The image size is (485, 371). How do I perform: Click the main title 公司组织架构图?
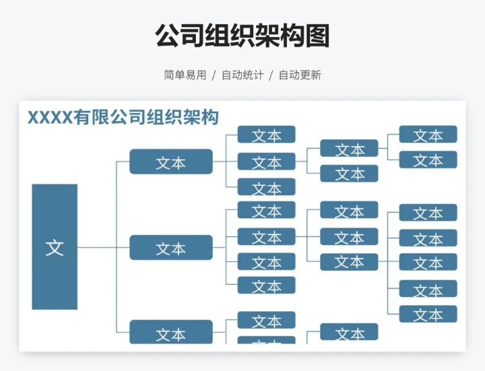243,36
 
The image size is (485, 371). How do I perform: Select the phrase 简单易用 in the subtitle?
185,75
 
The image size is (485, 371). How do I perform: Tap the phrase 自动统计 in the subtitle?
243,75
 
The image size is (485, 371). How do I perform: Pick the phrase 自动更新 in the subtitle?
300,75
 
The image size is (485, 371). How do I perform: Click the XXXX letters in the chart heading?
49,117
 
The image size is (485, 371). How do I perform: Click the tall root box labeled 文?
55,246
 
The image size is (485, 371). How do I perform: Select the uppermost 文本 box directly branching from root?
171,162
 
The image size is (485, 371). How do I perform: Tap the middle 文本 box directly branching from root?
171,248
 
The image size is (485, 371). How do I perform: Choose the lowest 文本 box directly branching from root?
171,333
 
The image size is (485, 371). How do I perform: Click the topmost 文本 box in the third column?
266,135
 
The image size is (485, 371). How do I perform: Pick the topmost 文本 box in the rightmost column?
428,135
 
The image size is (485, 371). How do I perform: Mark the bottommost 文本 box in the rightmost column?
428,314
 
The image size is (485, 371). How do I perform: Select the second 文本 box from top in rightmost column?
428,160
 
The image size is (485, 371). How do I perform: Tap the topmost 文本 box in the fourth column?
349,149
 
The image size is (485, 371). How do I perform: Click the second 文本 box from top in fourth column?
349,174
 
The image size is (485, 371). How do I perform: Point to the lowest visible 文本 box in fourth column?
349,333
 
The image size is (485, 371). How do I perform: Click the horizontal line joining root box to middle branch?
103,248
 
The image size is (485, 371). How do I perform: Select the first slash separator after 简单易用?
214,75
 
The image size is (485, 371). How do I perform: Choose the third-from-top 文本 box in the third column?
266,187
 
